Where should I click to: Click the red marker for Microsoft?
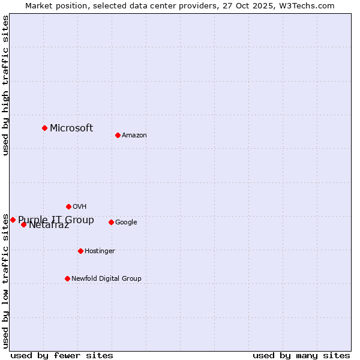pyautogui.click(x=44, y=128)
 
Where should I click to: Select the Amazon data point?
pyautogui.click(x=118, y=135)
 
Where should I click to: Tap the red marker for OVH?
pyautogui.click(x=68, y=206)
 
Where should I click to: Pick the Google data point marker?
pyautogui.click(x=111, y=222)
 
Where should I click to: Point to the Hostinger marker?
pyautogui.click(x=80, y=251)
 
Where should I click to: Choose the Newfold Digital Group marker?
pyautogui.click(x=67, y=278)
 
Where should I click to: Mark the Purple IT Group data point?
pyautogui.click(x=13, y=220)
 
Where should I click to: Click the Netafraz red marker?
pyautogui.click(x=23, y=224)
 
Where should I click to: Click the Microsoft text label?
pyautogui.click(x=71, y=128)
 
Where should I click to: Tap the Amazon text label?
pyautogui.click(x=134, y=136)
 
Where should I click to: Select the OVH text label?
pyautogui.click(x=80, y=207)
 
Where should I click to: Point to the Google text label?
pyautogui.click(x=126, y=223)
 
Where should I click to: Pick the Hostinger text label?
pyautogui.click(x=100, y=251)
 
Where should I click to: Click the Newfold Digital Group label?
pyautogui.click(x=106, y=279)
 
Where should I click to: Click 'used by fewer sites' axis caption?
pyautogui.click(x=62, y=355)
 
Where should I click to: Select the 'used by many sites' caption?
pyautogui.click(x=301, y=355)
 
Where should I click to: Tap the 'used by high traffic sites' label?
pyautogui.click(x=5, y=85)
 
